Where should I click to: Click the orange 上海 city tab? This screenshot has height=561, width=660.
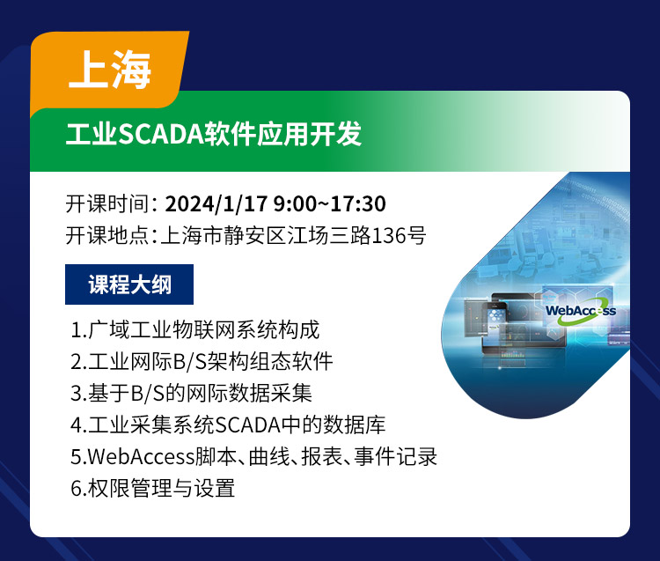point(109,70)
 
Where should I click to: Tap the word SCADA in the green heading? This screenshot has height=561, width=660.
point(161,134)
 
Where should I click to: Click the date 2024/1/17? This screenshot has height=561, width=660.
point(216,203)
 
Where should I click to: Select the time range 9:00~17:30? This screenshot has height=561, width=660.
point(330,203)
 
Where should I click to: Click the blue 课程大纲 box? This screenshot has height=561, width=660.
point(129,284)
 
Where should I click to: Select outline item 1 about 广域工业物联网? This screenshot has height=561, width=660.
point(195,329)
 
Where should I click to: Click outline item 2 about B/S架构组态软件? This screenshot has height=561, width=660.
point(202,361)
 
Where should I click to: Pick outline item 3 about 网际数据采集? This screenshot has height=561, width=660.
point(191,393)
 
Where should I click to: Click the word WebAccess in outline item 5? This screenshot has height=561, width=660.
point(141,456)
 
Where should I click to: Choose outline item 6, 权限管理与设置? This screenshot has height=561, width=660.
point(153,488)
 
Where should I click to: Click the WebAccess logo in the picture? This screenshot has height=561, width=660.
point(581,311)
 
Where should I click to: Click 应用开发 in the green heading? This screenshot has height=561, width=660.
point(310,134)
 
